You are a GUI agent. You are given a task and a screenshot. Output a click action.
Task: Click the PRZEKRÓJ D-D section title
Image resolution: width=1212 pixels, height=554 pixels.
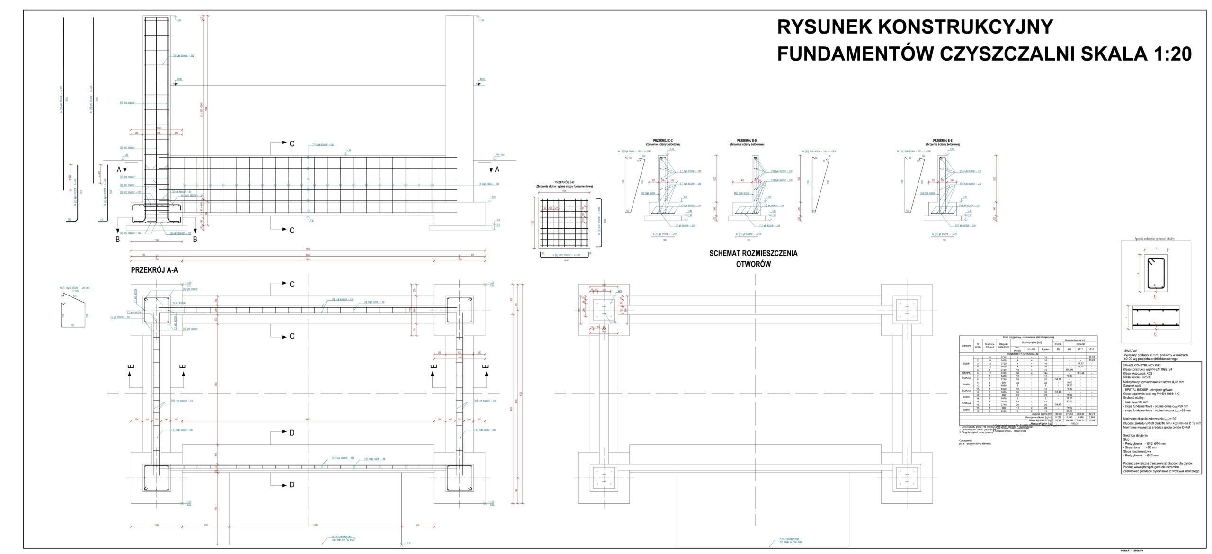click(x=747, y=141)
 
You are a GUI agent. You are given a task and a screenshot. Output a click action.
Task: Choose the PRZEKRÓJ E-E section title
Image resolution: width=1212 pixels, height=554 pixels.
click(x=943, y=141)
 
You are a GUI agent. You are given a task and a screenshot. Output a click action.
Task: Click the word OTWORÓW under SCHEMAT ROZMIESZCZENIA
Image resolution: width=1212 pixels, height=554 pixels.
click(x=753, y=264)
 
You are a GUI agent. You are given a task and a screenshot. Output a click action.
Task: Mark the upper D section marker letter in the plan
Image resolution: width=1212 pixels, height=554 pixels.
click(x=292, y=433)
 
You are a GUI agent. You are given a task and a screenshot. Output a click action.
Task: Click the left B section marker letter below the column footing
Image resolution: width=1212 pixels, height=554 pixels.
click(x=118, y=240)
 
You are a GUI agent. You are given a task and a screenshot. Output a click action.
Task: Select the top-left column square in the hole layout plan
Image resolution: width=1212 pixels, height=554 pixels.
click(x=604, y=310)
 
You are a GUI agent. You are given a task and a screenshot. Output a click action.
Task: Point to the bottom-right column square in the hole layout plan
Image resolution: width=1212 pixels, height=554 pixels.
click(x=906, y=480)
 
